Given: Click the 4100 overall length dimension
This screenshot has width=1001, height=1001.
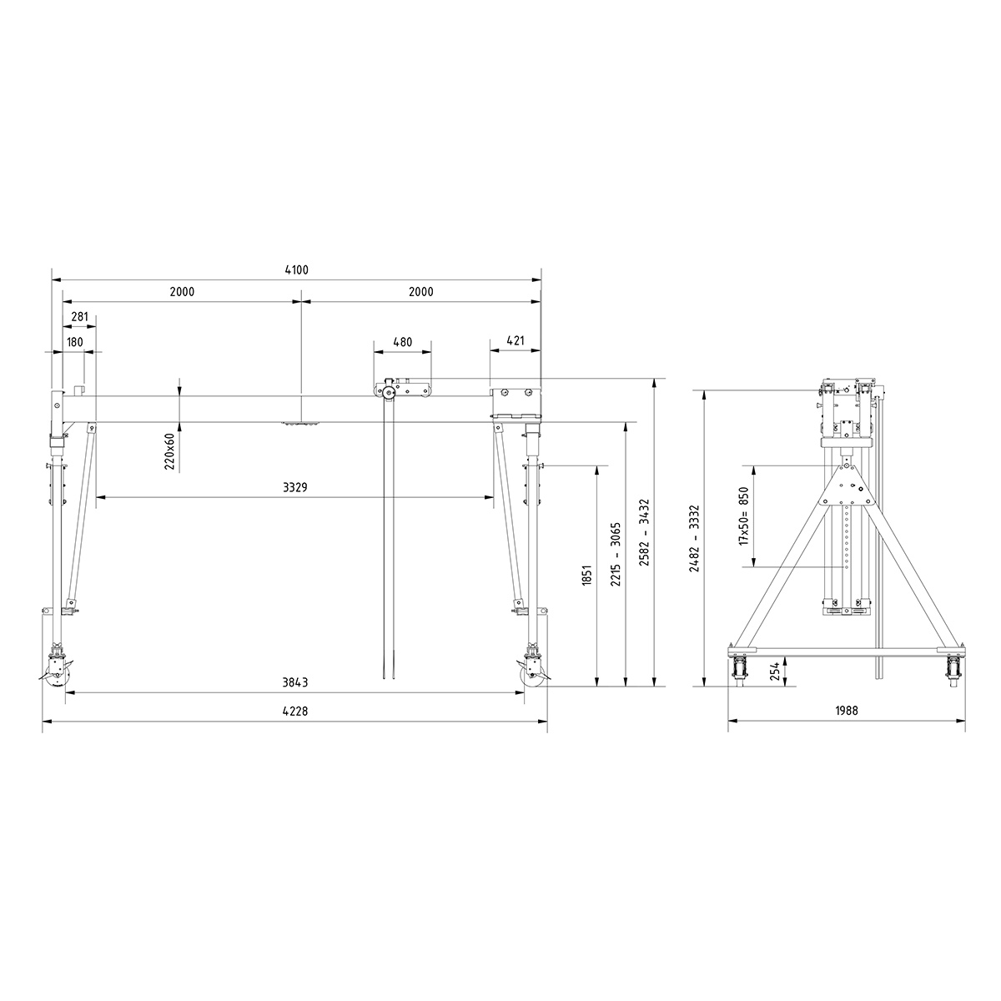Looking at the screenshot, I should pos(296,269).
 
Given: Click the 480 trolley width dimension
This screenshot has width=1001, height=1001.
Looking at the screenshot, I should pos(402,342).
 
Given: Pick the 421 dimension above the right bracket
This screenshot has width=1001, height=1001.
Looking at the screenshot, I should pos(516,341).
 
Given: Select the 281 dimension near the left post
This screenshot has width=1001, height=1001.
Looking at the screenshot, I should pos(80,316).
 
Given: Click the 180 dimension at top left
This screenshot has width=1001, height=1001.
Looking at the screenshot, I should pos(75,342).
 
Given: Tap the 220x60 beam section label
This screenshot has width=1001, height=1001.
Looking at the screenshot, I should pos(169,450).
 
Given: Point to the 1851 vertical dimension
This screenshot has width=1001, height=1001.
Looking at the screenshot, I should pos(586,576).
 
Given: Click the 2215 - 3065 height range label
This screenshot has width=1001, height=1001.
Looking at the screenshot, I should pos(616,554).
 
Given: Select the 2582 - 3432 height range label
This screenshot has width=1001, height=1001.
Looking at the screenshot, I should pos(644,533).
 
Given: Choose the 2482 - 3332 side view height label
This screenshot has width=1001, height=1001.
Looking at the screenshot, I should pos(693,538).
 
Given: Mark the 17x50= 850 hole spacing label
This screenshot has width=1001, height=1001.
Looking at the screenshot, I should pos(742,516).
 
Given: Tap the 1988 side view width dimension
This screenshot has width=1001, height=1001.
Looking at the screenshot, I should pos(846,712).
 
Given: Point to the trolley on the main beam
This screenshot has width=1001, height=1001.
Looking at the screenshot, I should pos(402,389).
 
